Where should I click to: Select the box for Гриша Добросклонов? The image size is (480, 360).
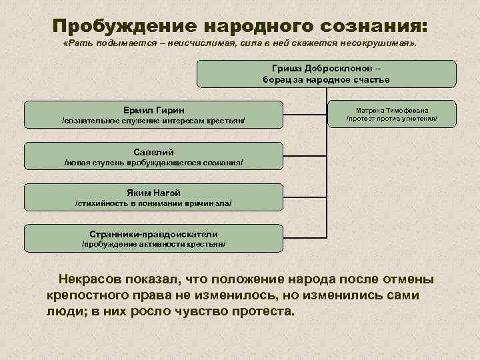pyautogui.click(x=326, y=73)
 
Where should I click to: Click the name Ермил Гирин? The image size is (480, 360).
pyautogui.click(x=154, y=109)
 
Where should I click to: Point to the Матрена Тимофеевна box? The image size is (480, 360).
pyautogui.click(x=392, y=114)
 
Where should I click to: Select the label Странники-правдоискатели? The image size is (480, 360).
pyautogui.click(x=154, y=233)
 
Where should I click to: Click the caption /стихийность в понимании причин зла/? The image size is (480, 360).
pyautogui.click(x=154, y=203)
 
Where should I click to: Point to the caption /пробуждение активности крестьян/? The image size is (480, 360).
pyautogui.click(x=154, y=244)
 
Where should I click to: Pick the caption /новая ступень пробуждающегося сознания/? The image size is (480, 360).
pyautogui.click(x=154, y=162)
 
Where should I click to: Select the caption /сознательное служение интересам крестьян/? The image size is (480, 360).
pyautogui.click(x=154, y=121)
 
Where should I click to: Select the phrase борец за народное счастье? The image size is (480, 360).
pyautogui.click(x=326, y=79)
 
